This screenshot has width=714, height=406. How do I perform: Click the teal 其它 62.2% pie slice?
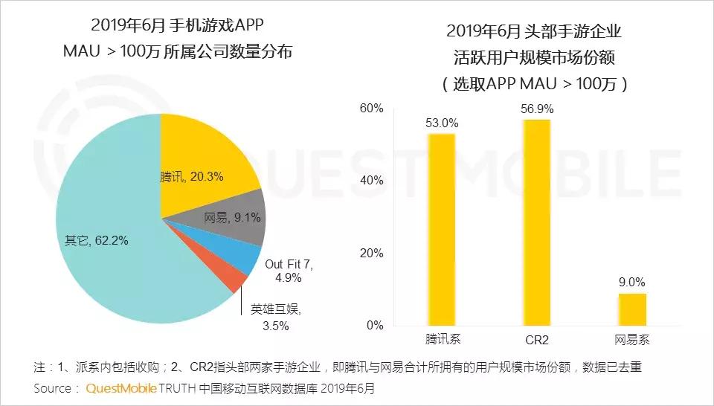(x=112, y=245)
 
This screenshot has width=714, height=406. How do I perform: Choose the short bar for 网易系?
(x=633, y=309)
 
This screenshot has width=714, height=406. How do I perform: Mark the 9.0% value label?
(x=633, y=282)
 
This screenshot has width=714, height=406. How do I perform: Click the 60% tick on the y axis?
(x=371, y=109)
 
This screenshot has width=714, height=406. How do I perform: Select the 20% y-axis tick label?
(x=371, y=254)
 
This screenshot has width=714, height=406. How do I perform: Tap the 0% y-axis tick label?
(x=374, y=326)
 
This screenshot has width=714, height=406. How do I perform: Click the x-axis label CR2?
(x=537, y=340)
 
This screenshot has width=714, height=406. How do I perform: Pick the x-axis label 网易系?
(x=632, y=340)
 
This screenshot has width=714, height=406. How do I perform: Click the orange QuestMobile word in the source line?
(x=120, y=388)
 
